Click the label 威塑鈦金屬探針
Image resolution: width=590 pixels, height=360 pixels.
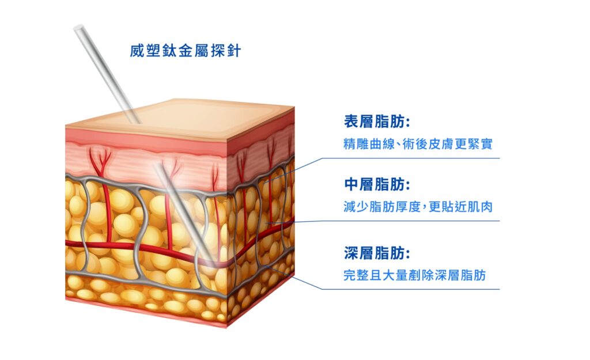coord(186,51)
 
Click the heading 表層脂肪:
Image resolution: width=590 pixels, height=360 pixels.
coord(377,122)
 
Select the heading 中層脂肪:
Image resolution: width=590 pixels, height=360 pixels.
coord(377,184)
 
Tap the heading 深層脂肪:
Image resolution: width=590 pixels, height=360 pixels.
coord(377,253)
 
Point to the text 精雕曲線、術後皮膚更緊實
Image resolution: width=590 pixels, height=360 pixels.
coord(418,143)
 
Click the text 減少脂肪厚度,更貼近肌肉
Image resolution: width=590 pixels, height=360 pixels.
coord(418,207)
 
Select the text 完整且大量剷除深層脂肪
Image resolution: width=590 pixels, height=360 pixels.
coord(415,275)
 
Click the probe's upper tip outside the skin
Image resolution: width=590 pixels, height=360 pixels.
coord(78,28)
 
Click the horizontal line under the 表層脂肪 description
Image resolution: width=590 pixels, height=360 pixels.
coord(411,158)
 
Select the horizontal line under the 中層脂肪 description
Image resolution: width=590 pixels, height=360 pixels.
coord(411,221)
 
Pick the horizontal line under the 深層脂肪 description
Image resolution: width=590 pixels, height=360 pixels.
coord(411,289)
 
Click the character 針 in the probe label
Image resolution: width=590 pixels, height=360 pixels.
coord(234,51)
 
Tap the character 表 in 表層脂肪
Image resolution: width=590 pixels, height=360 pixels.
coord(351,122)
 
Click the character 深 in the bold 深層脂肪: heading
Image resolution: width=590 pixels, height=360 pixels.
coord(351,253)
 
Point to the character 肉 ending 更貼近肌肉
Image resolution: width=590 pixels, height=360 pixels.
coord(486,207)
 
